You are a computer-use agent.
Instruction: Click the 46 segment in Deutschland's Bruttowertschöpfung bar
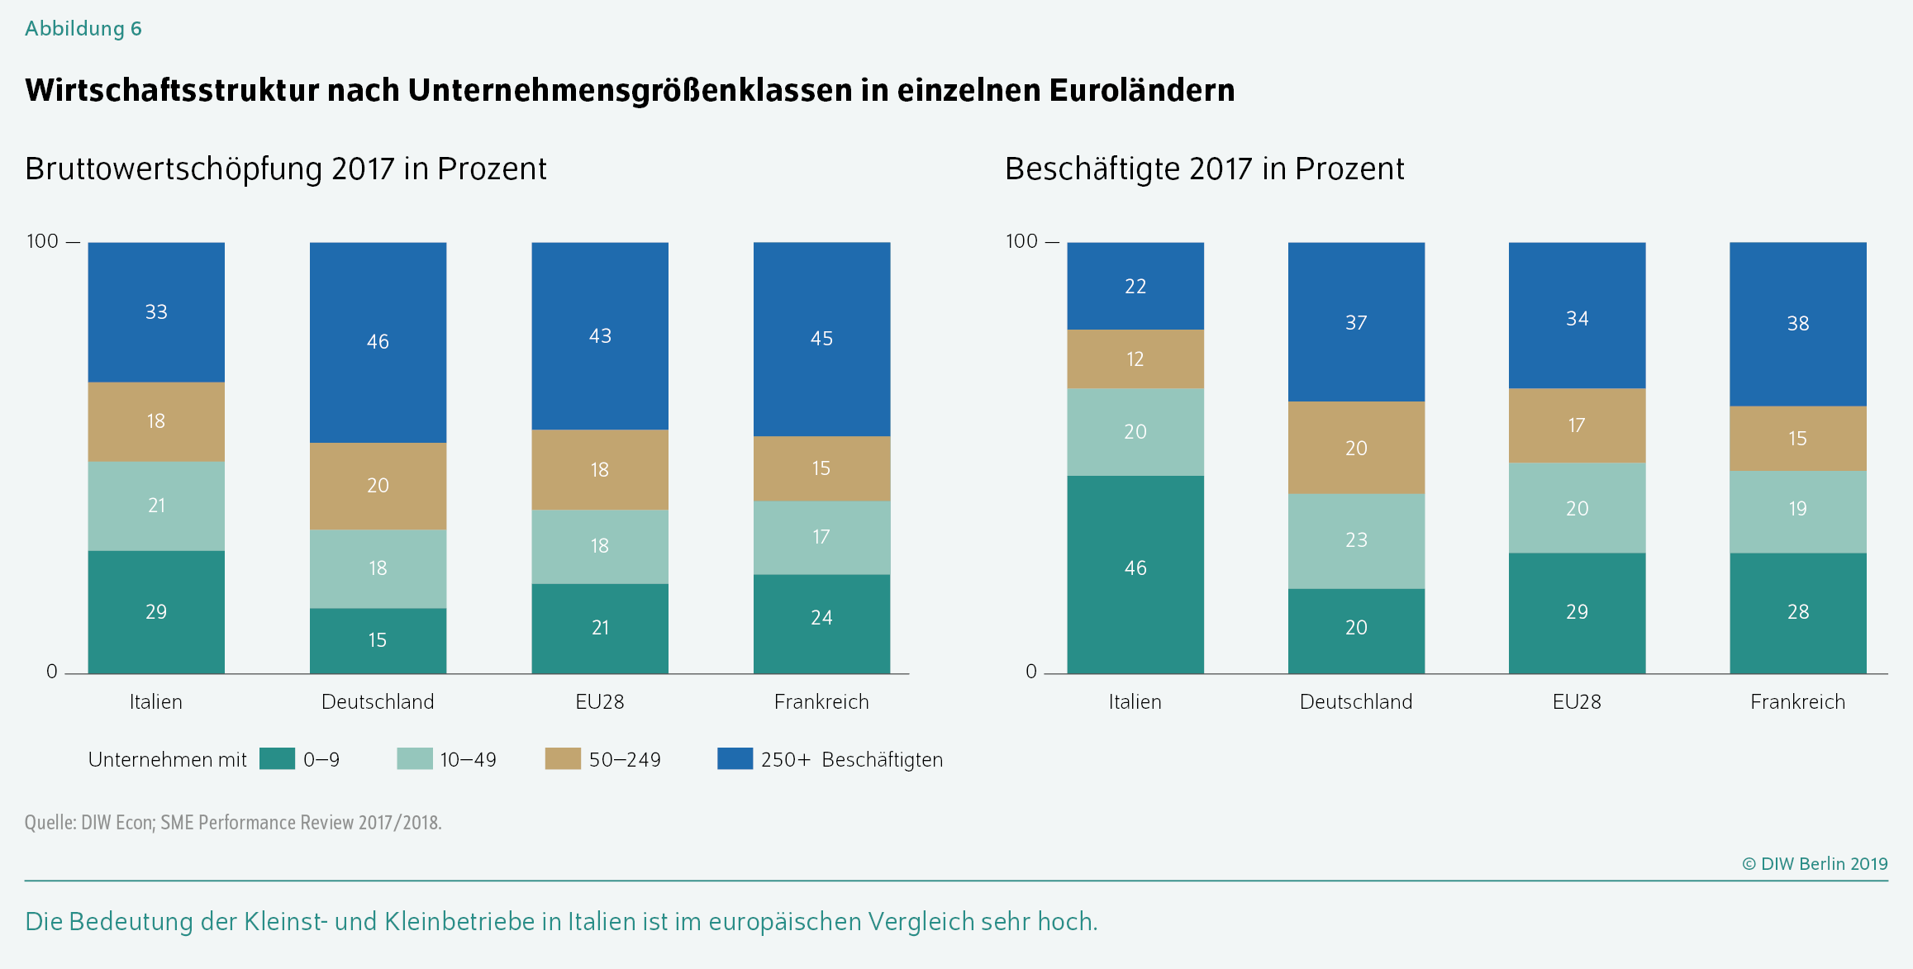point(378,342)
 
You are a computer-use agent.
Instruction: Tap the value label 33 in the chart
point(156,312)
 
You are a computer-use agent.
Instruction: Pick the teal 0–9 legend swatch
point(277,758)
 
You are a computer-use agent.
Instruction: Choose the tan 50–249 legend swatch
point(563,758)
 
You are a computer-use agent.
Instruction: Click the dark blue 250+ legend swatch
point(735,758)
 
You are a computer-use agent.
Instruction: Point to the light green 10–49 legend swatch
point(414,758)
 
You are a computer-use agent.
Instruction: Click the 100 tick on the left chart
point(43,241)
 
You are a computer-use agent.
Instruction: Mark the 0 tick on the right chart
point(1030,672)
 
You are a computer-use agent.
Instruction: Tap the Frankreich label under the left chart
point(821,702)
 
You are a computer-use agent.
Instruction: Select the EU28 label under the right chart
point(1577,702)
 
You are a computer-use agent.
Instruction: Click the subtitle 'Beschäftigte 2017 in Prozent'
point(1204,169)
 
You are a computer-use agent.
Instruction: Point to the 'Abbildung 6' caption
point(83,29)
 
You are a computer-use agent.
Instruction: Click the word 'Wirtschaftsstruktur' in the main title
point(172,90)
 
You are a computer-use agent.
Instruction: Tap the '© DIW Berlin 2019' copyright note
point(1815,864)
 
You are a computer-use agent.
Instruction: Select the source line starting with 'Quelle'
point(233,823)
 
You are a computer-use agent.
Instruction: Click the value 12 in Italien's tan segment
point(1135,359)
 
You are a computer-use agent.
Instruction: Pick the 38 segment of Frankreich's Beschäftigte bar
point(1797,324)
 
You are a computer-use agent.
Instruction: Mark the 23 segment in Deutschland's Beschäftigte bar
point(1356,540)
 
